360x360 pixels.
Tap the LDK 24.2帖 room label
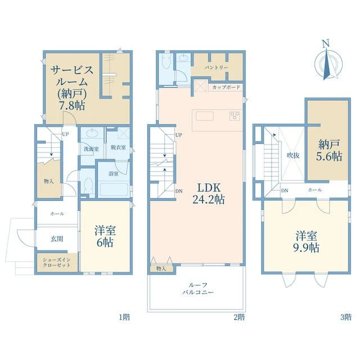click(x=209, y=193)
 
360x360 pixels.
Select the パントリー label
click(x=217, y=67)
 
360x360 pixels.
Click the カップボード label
click(x=226, y=88)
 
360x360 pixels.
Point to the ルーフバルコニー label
click(x=198, y=289)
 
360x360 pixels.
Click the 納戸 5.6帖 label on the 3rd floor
click(x=329, y=150)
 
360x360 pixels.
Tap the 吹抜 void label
click(x=293, y=155)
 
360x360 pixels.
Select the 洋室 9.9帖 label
click(x=306, y=242)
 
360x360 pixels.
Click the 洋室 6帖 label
click(x=105, y=236)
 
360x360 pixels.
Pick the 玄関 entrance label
click(x=57, y=239)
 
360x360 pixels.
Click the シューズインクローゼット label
click(x=57, y=263)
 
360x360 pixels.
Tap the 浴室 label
click(x=114, y=173)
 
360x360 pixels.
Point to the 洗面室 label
click(x=91, y=148)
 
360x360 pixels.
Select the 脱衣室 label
click(x=118, y=147)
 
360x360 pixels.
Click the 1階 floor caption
click(x=124, y=317)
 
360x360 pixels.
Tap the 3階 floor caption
click(x=346, y=317)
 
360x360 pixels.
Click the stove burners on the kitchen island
click(x=235, y=115)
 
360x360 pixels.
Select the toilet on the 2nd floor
click(x=166, y=61)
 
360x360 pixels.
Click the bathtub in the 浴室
click(x=114, y=190)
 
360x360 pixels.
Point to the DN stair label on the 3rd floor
click(x=285, y=191)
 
